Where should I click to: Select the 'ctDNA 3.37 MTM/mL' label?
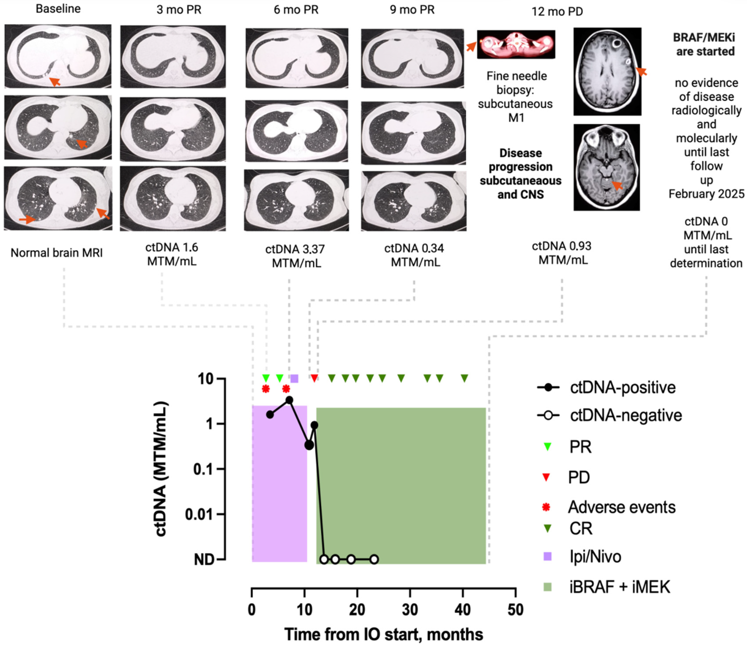point(295,256)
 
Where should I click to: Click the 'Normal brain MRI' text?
point(57,253)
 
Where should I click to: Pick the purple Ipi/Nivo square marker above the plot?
point(294,378)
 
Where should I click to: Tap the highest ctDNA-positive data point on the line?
point(289,400)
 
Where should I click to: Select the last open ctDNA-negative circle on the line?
point(374,559)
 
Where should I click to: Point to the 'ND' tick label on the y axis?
point(204,560)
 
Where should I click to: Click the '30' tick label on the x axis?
point(410,610)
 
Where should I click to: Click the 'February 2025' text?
point(706,194)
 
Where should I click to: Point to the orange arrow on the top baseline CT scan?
point(55,81)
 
